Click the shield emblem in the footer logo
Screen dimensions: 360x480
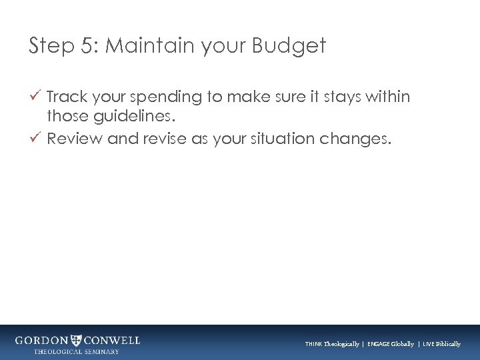[77, 340]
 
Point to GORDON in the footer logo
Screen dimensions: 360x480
[41, 340]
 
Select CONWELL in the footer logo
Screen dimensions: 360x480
[113, 340]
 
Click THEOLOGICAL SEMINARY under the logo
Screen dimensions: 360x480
[77, 351]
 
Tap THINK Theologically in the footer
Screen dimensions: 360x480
[331, 344]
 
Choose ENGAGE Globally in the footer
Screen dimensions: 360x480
[390, 344]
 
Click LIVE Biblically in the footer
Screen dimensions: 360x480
[441, 344]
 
